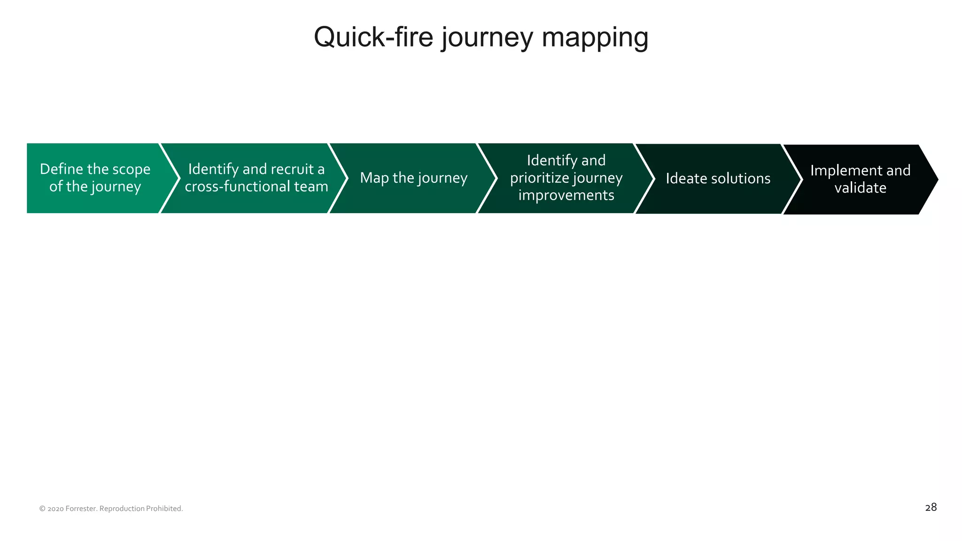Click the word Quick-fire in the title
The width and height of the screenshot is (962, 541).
tap(373, 38)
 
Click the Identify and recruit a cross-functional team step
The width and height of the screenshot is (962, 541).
tap(256, 178)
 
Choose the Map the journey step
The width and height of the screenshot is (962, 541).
tap(413, 178)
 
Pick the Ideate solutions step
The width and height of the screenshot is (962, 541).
tap(718, 178)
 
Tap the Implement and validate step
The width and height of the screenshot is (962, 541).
tap(860, 179)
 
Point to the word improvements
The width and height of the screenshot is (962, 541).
tap(566, 195)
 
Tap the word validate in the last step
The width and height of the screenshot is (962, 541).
tap(860, 188)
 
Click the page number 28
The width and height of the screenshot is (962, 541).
tap(931, 508)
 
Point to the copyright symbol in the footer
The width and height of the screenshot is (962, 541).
tap(42, 509)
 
